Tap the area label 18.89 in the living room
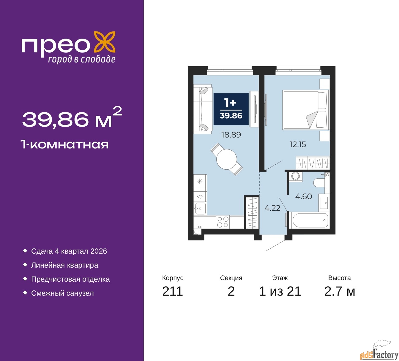click(x=231, y=135)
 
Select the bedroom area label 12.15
click(x=298, y=144)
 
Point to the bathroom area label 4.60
click(x=303, y=196)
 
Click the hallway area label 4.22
click(x=272, y=208)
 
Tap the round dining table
click(x=227, y=159)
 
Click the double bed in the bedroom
click(x=306, y=110)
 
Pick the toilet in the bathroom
click(x=319, y=183)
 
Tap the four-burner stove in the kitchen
click(x=223, y=222)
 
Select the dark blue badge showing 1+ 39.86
click(x=231, y=109)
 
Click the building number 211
click(x=172, y=291)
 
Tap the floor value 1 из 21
click(x=280, y=291)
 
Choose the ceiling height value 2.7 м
click(x=339, y=291)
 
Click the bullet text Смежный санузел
click(x=62, y=293)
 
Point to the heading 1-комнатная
click(x=65, y=144)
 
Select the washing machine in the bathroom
click(x=295, y=176)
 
